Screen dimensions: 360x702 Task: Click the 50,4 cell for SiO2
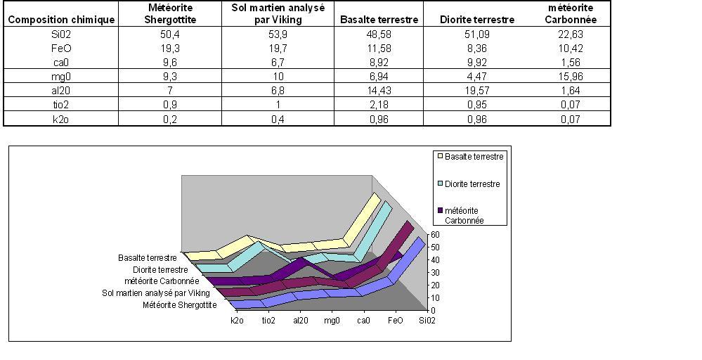(170, 34)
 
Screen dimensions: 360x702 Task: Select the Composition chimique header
(60, 20)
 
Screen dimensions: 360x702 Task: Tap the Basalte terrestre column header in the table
(379, 20)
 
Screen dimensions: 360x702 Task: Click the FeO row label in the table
(60, 49)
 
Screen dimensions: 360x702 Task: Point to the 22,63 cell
(571, 34)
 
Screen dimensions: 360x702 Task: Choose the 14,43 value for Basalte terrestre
(379, 91)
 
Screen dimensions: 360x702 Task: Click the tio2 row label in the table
(60, 105)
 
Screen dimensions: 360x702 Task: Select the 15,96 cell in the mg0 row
(571, 77)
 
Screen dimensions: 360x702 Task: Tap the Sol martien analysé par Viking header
(278, 13)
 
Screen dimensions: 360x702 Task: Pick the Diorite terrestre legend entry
(472, 184)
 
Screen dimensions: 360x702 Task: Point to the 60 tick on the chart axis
(435, 235)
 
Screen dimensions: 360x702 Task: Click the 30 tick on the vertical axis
(435, 273)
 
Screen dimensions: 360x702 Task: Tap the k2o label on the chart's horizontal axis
(238, 321)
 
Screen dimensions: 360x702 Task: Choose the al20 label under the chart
(300, 321)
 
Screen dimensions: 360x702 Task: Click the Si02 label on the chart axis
(427, 321)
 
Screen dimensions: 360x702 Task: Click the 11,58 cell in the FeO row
(379, 49)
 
